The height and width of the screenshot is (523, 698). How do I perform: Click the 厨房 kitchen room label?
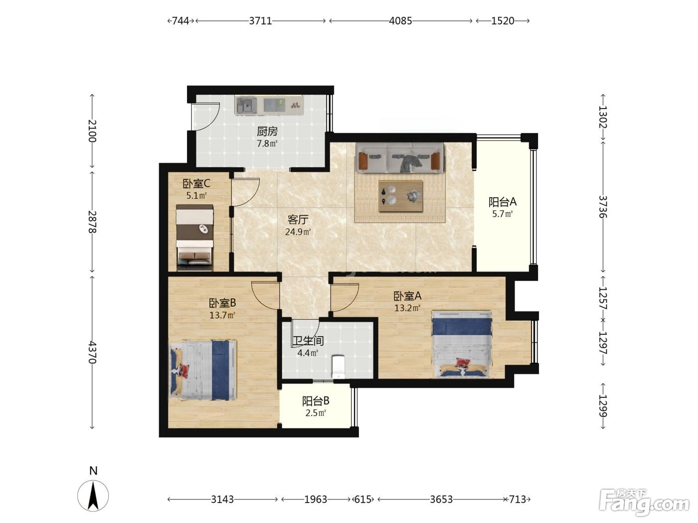coord(267,131)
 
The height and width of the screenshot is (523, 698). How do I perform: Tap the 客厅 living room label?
coord(298,220)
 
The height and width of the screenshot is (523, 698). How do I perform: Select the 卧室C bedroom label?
coord(196,183)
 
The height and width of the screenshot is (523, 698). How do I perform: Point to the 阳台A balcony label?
coord(503,202)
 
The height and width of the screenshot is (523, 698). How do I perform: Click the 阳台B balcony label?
coord(316,401)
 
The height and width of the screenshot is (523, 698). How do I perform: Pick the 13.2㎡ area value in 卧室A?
coord(407,308)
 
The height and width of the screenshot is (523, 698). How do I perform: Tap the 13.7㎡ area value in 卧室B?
coord(222,315)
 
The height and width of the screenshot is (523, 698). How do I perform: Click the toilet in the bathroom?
coord(338,367)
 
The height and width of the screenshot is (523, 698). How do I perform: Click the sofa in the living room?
coord(400,158)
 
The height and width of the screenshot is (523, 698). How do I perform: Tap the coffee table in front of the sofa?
coord(400,196)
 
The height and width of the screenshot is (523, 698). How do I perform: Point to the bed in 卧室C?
coord(194,238)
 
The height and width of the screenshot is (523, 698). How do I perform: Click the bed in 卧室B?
coord(203,370)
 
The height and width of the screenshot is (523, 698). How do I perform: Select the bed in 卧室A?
coord(462,344)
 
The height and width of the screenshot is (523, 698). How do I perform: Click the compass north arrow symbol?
coord(93,496)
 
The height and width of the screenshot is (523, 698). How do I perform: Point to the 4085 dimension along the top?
coord(400,21)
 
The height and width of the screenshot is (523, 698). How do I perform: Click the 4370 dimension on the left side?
coord(92,352)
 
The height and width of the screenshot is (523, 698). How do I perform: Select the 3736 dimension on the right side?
coord(603,207)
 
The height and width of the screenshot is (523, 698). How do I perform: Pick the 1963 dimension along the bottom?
coord(316,500)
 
